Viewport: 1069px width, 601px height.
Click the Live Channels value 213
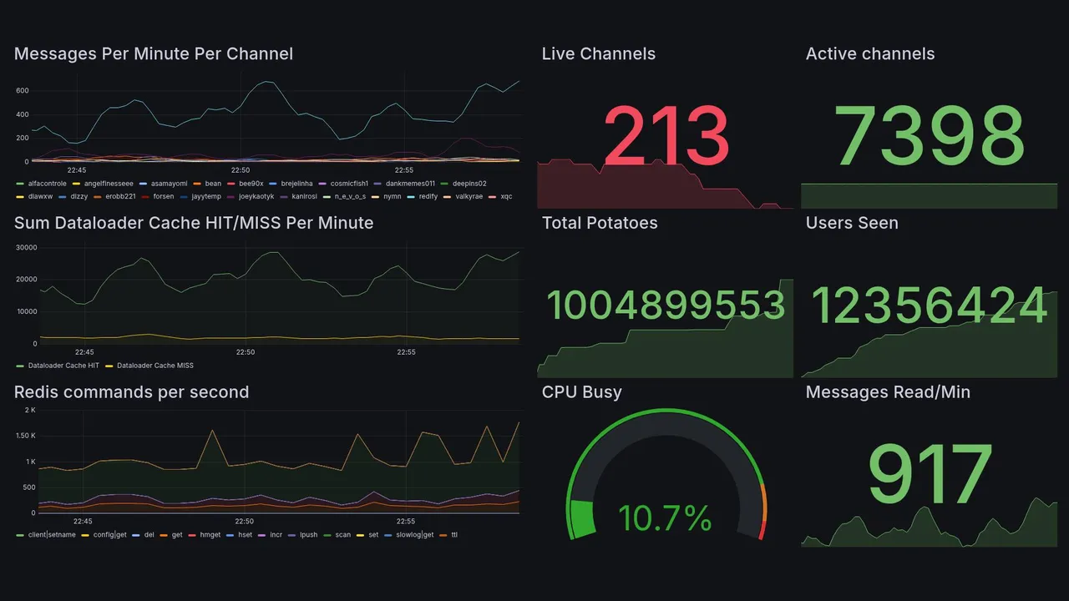click(666, 135)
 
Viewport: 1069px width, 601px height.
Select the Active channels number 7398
click(929, 135)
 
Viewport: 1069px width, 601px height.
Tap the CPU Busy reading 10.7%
click(665, 518)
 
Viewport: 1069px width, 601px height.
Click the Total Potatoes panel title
click(599, 223)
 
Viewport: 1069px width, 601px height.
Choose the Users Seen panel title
click(852, 223)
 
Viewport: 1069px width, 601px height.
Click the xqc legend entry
click(506, 197)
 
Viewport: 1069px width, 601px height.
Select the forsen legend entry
click(164, 197)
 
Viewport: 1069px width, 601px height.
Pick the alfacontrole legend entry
click(47, 184)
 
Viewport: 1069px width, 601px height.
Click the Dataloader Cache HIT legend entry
click(63, 366)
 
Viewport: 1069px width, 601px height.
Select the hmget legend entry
click(210, 534)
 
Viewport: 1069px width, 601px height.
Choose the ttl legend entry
click(453, 534)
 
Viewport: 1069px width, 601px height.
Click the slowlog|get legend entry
click(414, 534)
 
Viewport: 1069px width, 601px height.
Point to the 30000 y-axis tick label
click(26, 248)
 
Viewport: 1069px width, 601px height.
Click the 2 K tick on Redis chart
click(30, 410)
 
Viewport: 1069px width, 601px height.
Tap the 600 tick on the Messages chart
click(23, 91)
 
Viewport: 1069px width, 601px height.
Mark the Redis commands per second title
click(131, 392)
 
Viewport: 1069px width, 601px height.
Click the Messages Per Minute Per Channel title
click(154, 54)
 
